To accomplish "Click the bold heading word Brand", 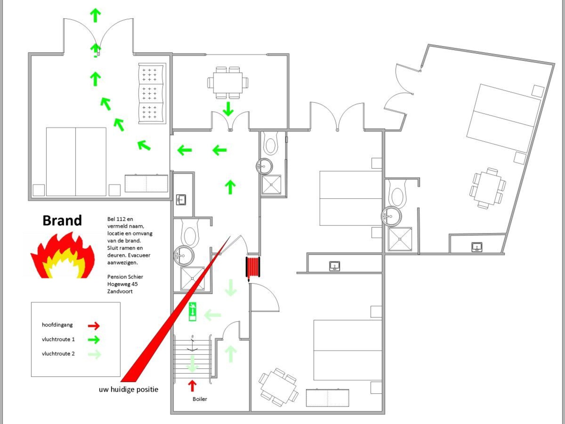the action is tap(62, 221).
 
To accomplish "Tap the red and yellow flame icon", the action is tap(62, 255).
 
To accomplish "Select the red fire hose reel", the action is tap(253, 267).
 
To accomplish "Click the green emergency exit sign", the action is tap(192, 312).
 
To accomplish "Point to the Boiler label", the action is tap(200, 399).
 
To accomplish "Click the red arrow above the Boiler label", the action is tap(192, 385).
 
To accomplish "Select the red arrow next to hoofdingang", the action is tap(94, 325).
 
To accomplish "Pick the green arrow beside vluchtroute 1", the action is tap(94, 340).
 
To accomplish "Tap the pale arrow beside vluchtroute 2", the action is tap(94, 354).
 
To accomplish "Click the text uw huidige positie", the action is tap(128, 389).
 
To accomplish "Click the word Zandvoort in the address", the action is tap(120, 291).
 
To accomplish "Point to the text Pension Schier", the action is tap(125, 277).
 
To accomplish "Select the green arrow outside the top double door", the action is tap(95, 15).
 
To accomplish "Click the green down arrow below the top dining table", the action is tap(228, 109).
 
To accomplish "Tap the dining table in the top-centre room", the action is tap(228, 83).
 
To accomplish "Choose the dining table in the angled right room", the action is tap(488, 188).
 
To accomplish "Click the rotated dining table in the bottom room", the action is tap(278, 387).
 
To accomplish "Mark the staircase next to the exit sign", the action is tap(192, 359).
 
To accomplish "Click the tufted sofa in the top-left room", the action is tap(152, 93).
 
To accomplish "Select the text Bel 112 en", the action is tap(120, 219).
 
